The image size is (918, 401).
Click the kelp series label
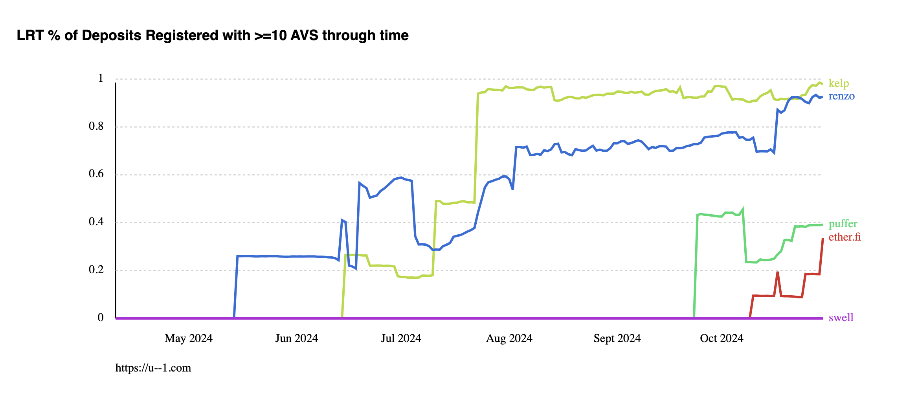(x=839, y=83)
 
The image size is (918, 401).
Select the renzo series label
(x=841, y=96)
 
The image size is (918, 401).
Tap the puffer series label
(x=843, y=224)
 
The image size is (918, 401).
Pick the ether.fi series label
(x=845, y=237)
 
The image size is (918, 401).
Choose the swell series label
(x=841, y=318)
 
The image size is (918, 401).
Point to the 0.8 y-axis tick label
(x=96, y=126)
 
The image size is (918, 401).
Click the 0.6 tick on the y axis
(x=96, y=174)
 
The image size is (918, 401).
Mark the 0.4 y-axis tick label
(x=96, y=222)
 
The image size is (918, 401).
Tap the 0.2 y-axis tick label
(x=96, y=270)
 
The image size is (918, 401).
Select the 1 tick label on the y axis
(x=101, y=78)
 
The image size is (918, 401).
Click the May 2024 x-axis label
(x=188, y=338)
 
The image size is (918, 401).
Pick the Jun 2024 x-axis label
(x=296, y=338)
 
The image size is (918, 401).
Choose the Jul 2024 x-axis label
(x=401, y=338)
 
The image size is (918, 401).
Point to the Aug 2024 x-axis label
(x=509, y=338)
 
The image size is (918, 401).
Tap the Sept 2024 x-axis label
(x=617, y=338)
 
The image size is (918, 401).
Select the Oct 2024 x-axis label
(x=722, y=338)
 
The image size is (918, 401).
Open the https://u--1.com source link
(x=153, y=368)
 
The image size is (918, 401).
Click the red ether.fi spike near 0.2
(x=777, y=272)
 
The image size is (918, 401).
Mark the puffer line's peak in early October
(x=742, y=209)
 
